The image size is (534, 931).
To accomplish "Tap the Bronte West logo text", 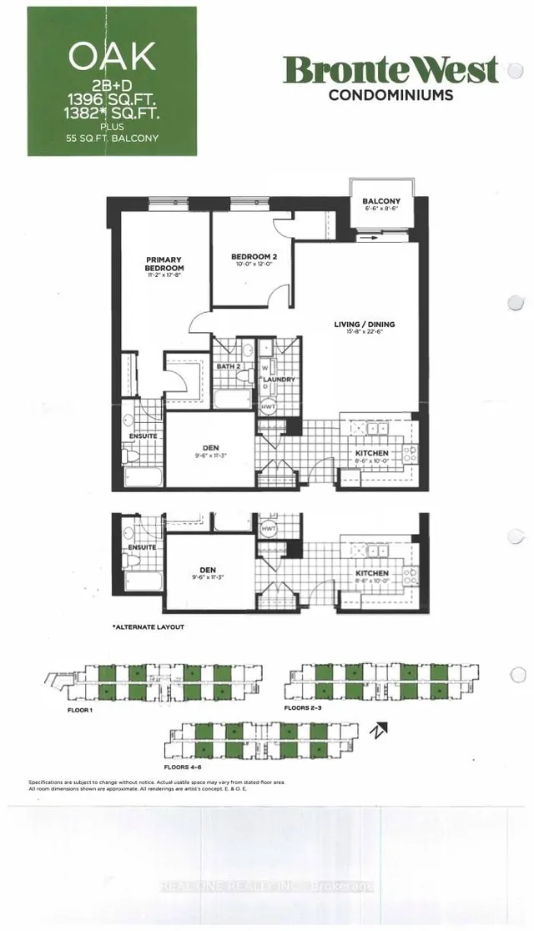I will tap(390, 71).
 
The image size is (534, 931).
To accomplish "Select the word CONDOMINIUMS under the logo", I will tap(390, 95).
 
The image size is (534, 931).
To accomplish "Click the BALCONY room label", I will tap(381, 202).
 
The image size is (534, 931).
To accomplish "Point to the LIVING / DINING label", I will tap(366, 324).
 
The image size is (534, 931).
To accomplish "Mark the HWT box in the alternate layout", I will tap(269, 529).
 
